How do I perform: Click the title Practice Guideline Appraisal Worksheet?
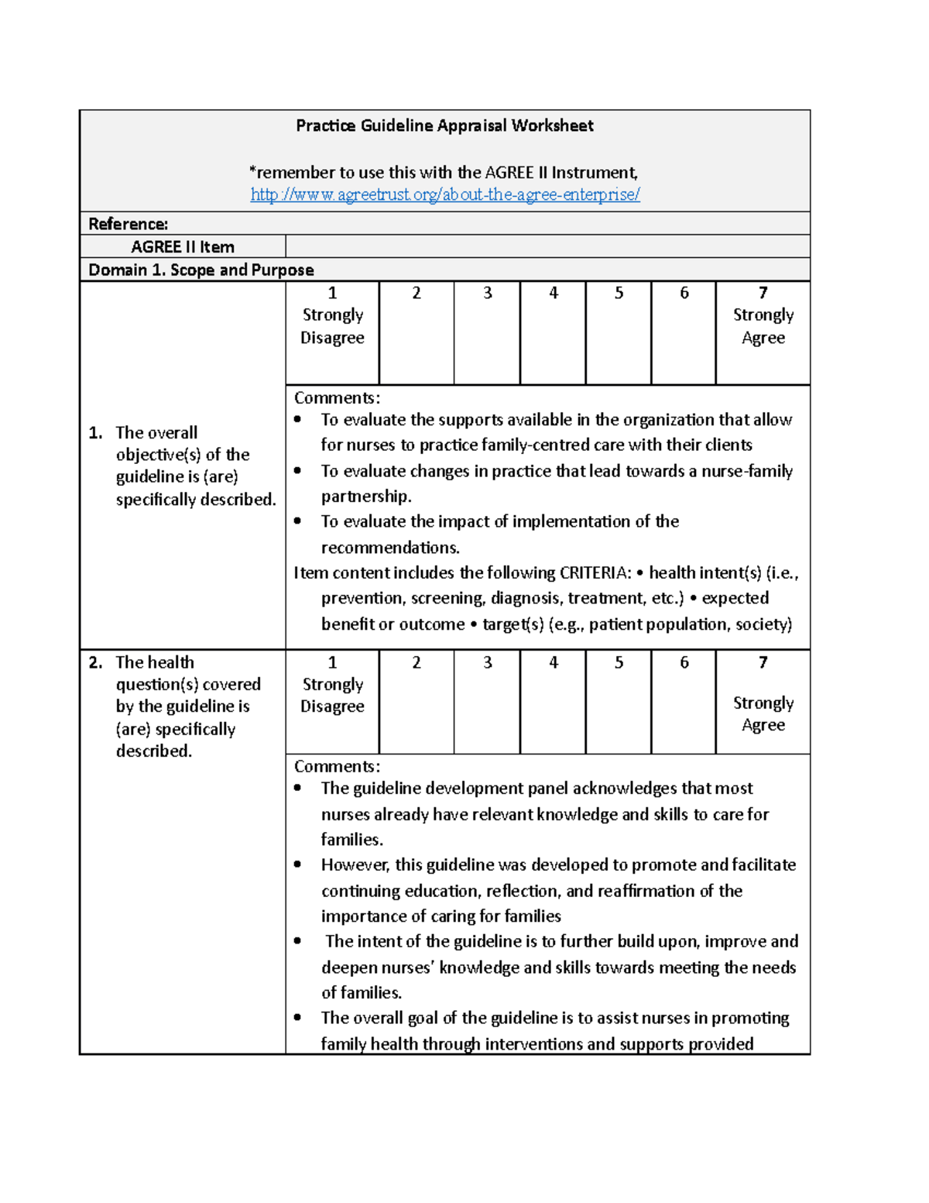(x=444, y=125)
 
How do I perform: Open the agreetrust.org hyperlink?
(x=445, y=194)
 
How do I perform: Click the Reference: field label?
(x=129, y=224)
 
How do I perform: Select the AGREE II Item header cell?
(x=183, y=247)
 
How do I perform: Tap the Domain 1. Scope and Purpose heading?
(x=201, y=270)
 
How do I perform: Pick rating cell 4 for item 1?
(x=553, y=333)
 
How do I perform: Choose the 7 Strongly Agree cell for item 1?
(x=763, y=333)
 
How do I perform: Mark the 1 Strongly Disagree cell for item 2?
(x=332, y=701)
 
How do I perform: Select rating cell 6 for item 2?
(x=684, y=701)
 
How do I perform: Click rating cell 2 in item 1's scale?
(x=417, y=333)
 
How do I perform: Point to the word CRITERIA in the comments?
(x=595, y=573)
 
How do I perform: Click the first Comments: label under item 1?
(x=337, y=398)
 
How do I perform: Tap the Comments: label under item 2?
(x=337, y=767)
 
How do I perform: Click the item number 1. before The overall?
(x=96, y=433)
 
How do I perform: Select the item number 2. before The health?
(x=96, y=662)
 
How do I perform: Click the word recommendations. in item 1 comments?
(x=390, y=548)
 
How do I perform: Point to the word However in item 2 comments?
(x=355, y=865)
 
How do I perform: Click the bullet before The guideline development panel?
(x=298, y=789)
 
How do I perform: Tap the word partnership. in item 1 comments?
(x=366, y=497)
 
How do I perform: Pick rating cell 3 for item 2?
(x=487, y=701)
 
